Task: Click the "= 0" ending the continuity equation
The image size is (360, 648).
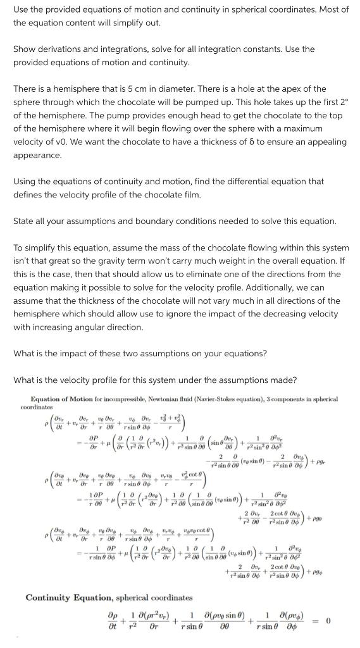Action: click(x=326, y=621)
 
